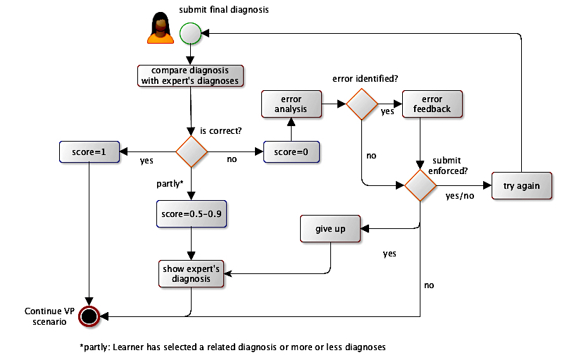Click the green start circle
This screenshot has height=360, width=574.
coord(190,32)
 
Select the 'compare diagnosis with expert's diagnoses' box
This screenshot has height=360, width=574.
coord(189,75)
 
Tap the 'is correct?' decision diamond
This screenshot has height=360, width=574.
coord(191,151)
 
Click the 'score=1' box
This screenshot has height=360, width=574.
coord(90,151)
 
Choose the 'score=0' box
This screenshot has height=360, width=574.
coord(291,151)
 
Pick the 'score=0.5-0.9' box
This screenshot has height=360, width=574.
coord(191,213)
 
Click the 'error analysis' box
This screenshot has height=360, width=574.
coord(291,104)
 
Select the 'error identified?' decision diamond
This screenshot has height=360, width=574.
coord(361,104)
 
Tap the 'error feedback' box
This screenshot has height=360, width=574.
coord(431,104)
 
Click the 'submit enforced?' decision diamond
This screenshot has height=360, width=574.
coord(420,185)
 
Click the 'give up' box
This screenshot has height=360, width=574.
coord(331,229)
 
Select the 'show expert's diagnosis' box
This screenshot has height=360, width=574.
coord(191,273)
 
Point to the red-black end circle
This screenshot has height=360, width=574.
coord(89,316)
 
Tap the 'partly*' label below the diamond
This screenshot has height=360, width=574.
coord(170,184)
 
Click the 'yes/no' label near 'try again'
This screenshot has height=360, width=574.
coord(460,197)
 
